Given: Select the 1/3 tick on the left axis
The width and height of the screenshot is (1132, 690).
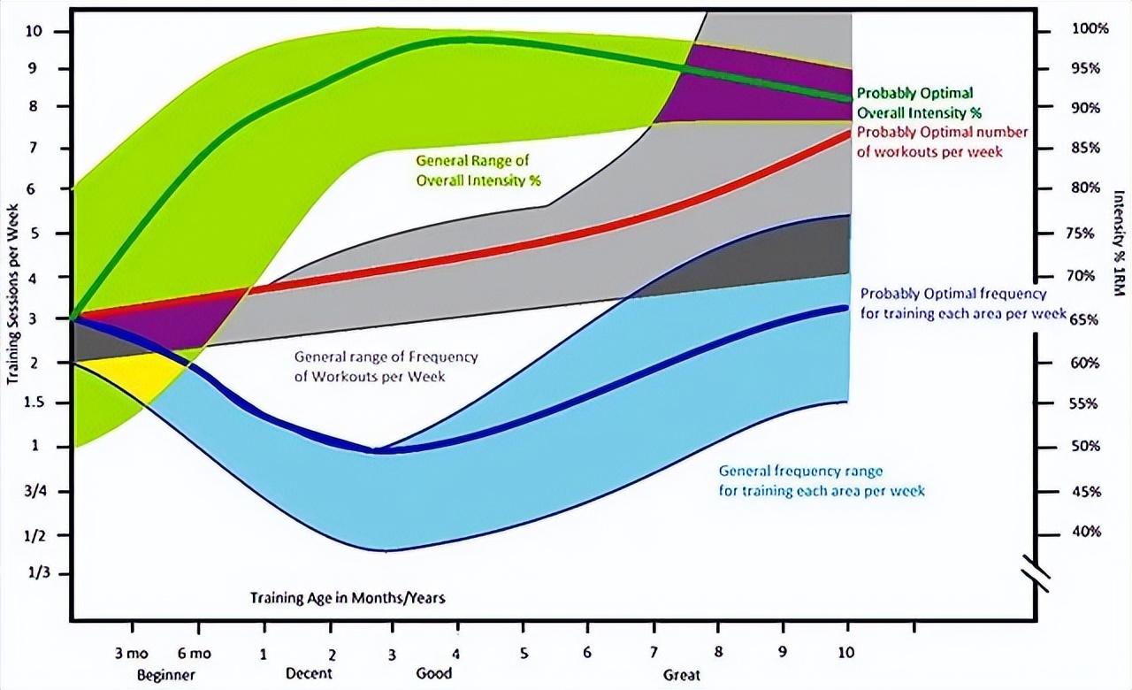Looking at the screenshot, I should pos(40,573).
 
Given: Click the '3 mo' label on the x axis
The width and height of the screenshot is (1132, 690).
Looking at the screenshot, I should pos(133,655).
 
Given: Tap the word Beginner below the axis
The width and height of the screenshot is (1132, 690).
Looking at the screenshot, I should pos(165,675).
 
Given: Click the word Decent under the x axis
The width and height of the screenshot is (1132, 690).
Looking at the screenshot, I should pos(310,673).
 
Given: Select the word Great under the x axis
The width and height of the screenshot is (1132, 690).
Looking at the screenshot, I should pos(682,675).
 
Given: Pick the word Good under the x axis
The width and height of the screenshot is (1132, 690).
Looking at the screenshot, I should pos(433,673).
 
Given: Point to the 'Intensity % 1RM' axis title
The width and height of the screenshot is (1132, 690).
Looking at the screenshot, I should pos(1119,244).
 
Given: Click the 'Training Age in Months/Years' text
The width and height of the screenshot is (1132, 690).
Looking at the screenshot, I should pos(347,598).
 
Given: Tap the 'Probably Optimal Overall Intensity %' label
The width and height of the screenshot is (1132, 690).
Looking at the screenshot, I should pos(920,103).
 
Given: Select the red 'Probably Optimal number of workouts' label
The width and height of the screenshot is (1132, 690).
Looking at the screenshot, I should pos(943,142).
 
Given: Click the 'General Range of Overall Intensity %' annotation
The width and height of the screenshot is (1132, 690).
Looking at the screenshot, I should pos(478,170).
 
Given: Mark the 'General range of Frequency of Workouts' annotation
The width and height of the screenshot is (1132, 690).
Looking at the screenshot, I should pos(386,366).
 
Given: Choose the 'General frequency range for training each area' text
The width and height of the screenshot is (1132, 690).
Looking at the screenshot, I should pos(822,480).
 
